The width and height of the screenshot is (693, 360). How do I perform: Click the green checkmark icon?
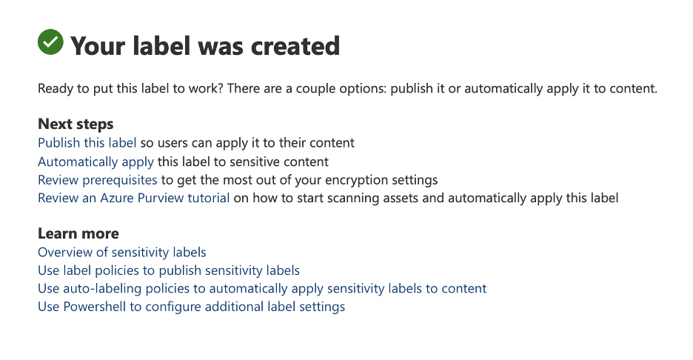point(50,42)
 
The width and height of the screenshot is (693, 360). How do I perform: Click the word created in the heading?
point(295,46)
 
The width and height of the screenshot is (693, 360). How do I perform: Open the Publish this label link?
point(87,143)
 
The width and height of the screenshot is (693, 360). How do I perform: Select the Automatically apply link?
point(96,162)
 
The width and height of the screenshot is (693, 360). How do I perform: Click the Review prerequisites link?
point(98,180)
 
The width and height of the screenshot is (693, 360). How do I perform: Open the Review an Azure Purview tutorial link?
point(133,198)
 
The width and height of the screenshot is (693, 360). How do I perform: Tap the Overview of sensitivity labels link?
point(122,252)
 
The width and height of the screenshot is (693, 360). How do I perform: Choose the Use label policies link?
point(169,270)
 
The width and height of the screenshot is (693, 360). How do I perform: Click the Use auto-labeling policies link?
point(262,288)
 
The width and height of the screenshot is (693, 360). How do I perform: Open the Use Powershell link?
point(191,307)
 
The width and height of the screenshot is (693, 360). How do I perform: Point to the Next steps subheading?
point(76,124)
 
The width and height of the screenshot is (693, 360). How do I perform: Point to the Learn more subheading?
point(78,233)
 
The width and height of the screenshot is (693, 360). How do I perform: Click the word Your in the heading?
point(98,46)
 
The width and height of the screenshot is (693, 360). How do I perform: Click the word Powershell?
point(94,307)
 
